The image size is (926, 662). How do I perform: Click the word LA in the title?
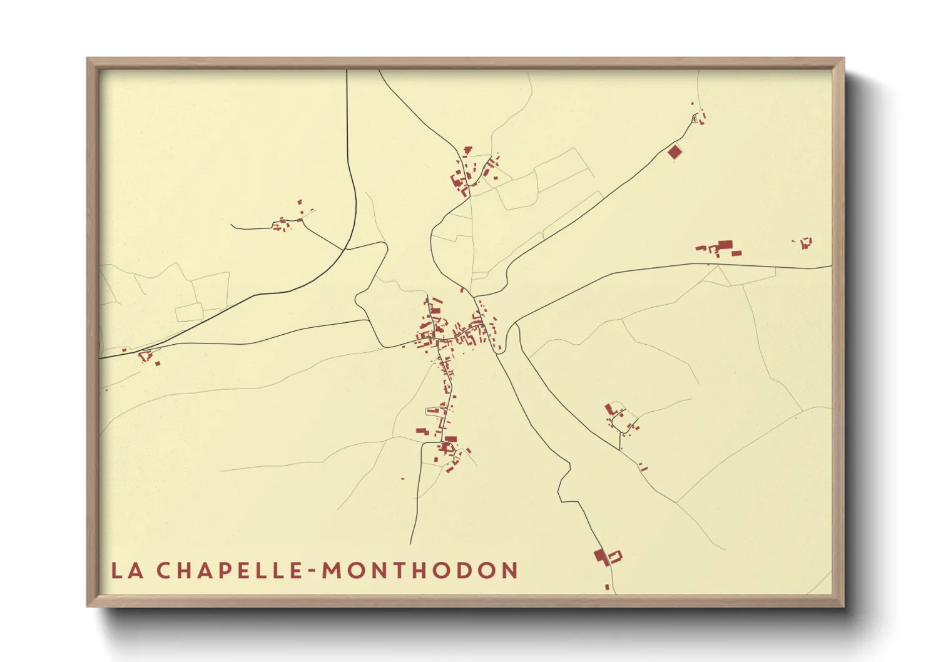click(x=127, y=571)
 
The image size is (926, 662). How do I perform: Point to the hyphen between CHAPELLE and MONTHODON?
click(x=311, y=571)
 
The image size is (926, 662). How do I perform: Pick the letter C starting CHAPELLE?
click(x=163, y=571)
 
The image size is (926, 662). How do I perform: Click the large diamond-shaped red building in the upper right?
click(x=674, y=151)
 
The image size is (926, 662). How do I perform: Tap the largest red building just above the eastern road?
click(x=725, y=245)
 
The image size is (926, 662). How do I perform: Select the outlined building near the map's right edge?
click(x=805, y=242)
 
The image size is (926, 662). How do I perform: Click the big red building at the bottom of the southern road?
click(x=601, y=556)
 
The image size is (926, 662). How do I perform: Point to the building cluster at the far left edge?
click(x=146, y=357)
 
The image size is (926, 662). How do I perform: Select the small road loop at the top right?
click(x=694, y=118)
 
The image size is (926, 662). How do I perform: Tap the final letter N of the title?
click(x=511, y=571)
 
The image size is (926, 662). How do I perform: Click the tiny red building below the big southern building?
click(x=606, y=587)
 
